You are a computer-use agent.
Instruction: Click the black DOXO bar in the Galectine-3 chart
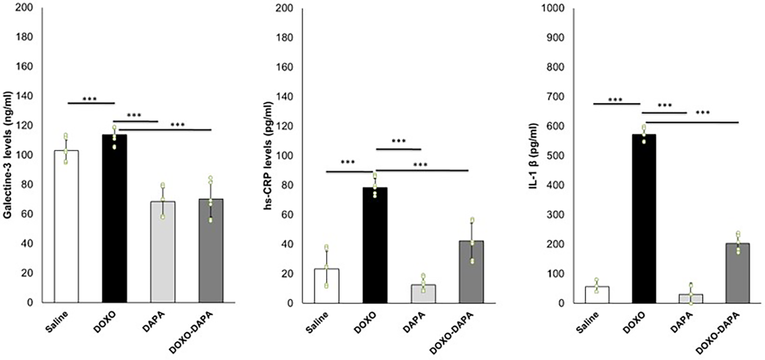115,219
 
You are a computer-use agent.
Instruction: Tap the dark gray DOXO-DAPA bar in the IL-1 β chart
737,273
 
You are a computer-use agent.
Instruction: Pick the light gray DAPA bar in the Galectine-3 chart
163,252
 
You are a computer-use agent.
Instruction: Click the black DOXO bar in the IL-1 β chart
643,219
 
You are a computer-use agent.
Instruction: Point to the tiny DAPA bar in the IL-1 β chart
691,298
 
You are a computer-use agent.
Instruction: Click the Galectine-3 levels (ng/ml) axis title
7,155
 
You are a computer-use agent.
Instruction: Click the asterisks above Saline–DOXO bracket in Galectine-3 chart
90,99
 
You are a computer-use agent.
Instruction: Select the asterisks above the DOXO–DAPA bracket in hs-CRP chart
398,141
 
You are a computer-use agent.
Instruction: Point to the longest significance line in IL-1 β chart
692,122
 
